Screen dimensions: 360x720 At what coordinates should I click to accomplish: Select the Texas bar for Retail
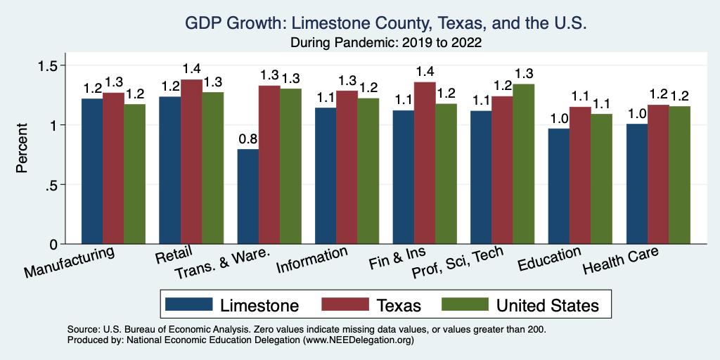click(x=191, y=162)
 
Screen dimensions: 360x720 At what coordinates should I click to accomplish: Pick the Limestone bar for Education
click(x=559, y=186)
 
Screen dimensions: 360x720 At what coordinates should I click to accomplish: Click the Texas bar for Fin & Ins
click(x=424, y=163)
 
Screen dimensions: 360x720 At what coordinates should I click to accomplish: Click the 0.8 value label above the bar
click(x=247, y=139)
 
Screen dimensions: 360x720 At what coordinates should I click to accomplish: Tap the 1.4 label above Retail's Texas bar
click(x=191, y=69)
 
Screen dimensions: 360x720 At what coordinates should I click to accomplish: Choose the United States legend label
click(x=547, y=305)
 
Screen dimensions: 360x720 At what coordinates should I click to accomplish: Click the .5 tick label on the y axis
click(x=51, y=185)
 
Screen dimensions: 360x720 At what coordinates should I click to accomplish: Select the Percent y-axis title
click(x=22, y=148)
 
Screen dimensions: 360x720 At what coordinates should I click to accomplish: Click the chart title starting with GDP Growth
click(x=385, y=23)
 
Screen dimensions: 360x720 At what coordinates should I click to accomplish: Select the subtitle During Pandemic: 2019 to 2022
click(x=385, y=43)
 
